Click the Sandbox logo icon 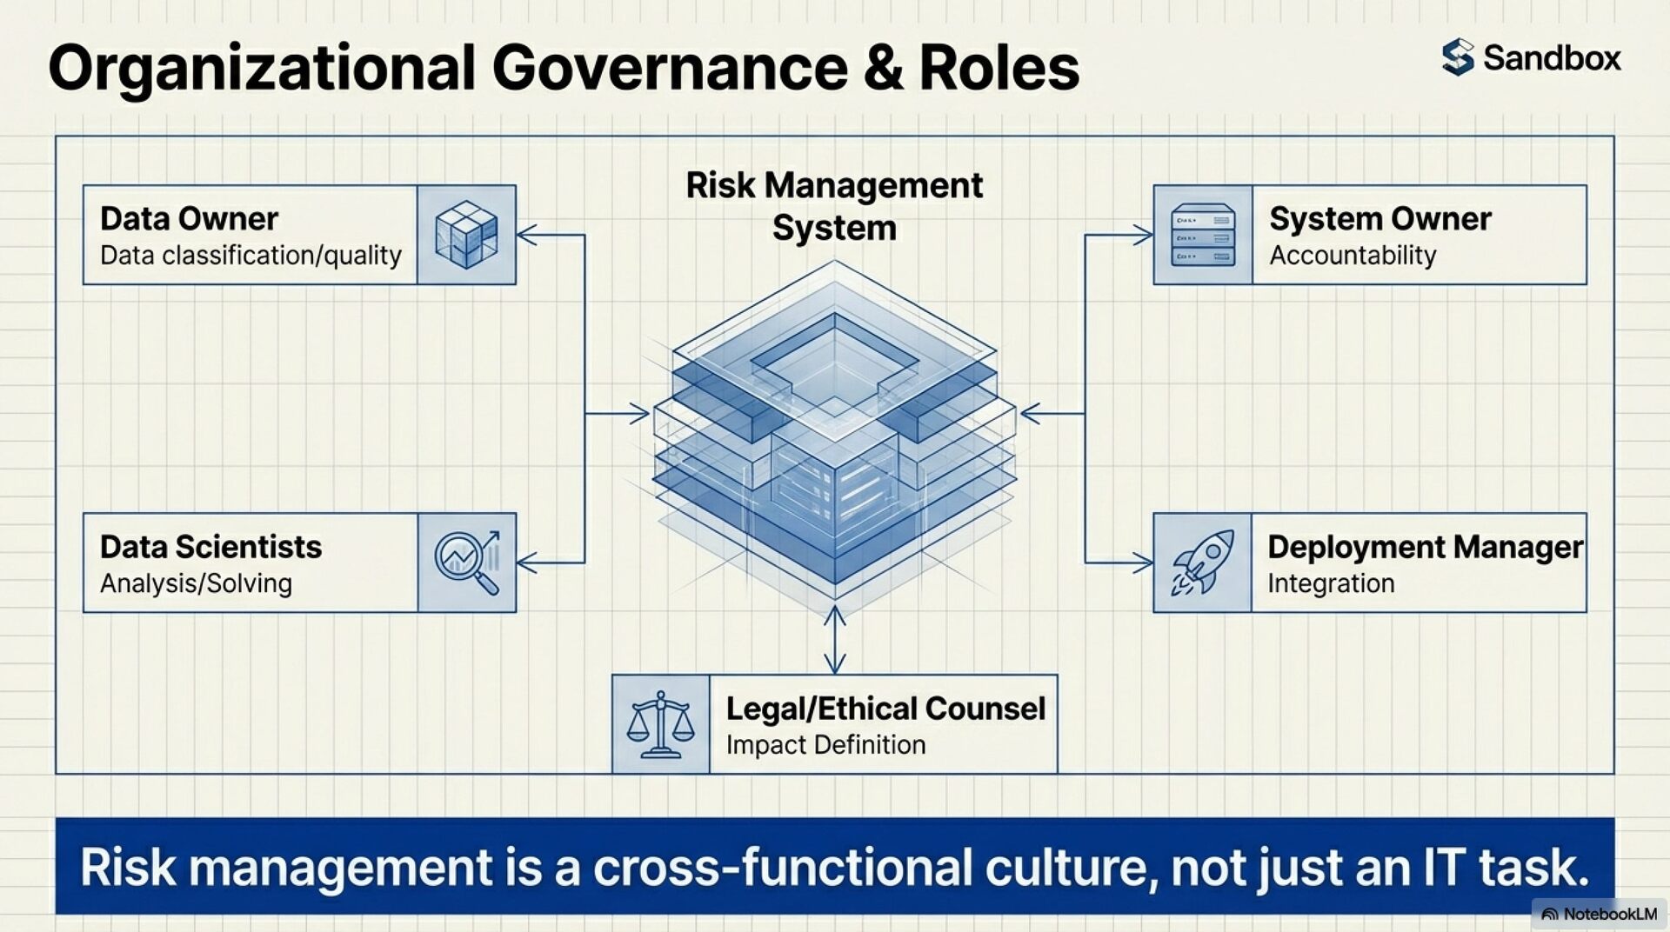[1458, 57]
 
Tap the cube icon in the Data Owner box [466, 235]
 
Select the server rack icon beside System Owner [1203, 235]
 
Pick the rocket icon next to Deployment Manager [1202, 563]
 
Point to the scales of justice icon [660, 724]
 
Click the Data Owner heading [189, 218]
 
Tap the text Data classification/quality [250, 256]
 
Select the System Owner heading [1379, 218]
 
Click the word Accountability [1353, 256]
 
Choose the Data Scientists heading [210, 547]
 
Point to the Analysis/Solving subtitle [196, 583]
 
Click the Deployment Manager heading [1425, 547]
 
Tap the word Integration [1331, 583]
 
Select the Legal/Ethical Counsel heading [885, 709]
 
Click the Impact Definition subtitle [825, 745]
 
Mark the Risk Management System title [834, 206]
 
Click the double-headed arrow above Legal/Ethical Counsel [835, 640]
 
